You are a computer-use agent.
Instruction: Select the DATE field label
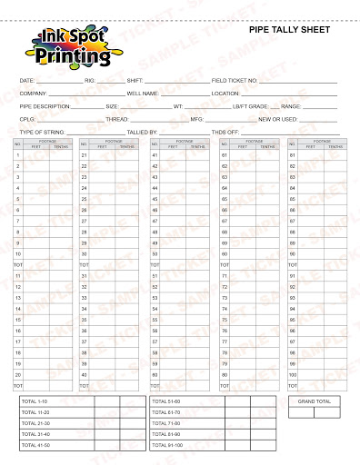pos(26,81)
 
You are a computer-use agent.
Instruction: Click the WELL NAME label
pos(143,94)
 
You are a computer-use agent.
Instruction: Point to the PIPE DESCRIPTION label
pos(45,106)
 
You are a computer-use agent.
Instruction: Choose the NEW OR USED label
pos(276,119)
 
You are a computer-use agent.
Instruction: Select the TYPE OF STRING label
pos(42,132)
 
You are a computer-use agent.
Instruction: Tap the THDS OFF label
pos(225,132)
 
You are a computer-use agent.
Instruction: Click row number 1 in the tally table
pos(18,155)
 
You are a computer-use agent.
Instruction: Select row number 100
pos(293,374)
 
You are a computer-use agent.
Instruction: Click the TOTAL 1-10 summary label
pos(35,401)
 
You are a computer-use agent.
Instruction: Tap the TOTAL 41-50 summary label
pos(35,444)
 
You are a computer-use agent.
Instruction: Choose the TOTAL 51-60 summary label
pos(166,401)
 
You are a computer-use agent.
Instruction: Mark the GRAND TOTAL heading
pos(314,401)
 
